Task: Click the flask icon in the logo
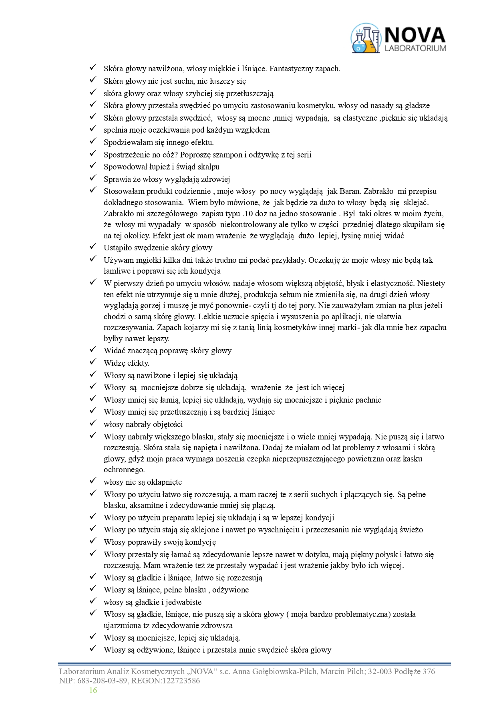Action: tap(365, 39)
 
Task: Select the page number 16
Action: tap(93, 690)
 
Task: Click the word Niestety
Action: tap(431, 284)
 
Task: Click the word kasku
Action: tap(412, 459)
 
